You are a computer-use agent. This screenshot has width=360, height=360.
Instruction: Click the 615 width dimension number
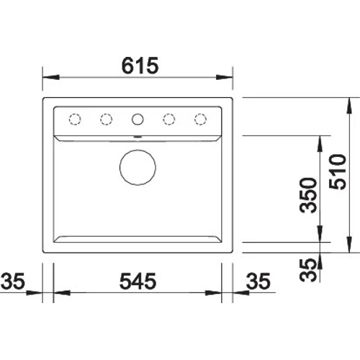(x=140, y=66)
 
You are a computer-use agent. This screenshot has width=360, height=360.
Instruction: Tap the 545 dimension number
(x=138, y=281)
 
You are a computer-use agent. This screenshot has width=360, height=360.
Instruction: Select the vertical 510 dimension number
(x=338, y=171)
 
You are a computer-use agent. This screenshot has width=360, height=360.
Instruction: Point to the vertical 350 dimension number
(x=308, y=195)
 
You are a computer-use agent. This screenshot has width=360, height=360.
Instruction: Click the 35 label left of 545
(x=13, y=281)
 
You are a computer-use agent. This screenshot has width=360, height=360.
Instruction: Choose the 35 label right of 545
(x=258, y=281)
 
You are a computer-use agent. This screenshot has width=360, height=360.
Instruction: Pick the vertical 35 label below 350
(x=308, y=270)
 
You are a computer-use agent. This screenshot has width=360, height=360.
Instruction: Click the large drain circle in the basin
(x=138, y=150)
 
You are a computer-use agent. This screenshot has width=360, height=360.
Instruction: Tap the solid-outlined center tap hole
(x=138, y=114)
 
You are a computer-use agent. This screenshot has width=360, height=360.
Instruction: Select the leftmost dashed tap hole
(x=75, y=114)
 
